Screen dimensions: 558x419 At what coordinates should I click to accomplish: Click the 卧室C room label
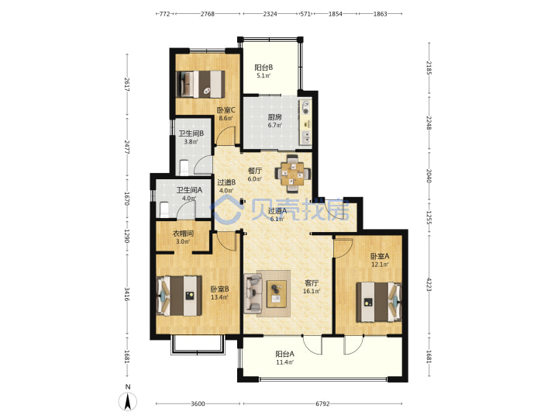pos(226,110)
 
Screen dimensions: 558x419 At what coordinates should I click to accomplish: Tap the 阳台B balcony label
pos(263,68)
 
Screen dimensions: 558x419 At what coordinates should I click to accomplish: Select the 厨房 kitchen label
pos(274,117)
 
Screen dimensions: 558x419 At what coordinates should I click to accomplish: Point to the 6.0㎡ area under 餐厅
pos(255,179)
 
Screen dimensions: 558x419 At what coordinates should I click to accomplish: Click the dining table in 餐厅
pos(292,173)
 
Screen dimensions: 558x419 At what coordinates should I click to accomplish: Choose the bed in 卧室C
pos(201,84)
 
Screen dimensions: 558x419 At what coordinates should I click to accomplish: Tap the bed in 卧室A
pos(379,302)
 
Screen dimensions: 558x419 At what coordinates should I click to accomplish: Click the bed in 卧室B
pos(179,296)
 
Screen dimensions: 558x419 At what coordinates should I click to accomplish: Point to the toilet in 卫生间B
pos(184,168)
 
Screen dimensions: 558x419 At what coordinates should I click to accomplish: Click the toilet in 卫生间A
pos(164,209)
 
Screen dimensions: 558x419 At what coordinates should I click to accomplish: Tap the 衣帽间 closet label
pos(183,234)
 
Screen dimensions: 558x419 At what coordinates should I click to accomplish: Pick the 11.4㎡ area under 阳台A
pos(284,362)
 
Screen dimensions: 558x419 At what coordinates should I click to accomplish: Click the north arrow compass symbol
pos(127,401)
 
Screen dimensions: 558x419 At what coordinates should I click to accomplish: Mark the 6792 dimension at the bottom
pos(322,403)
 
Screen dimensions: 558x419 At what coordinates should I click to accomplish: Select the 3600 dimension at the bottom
pos(198,403)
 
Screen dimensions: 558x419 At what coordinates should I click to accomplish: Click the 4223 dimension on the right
pos(429,284)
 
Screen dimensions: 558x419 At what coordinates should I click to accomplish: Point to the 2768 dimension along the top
pos(208,14)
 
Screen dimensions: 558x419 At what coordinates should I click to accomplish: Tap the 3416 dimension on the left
pos(126,293)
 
